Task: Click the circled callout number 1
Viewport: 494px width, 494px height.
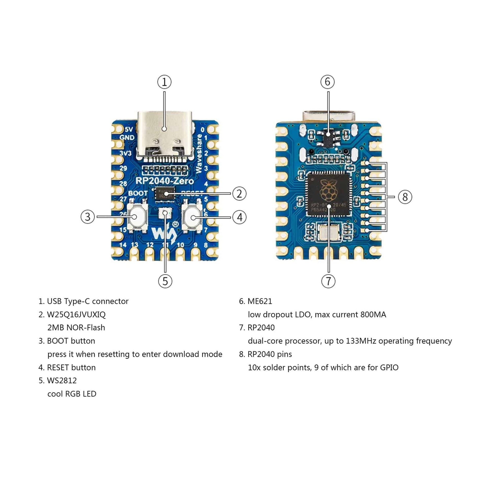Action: (x=164, y=82)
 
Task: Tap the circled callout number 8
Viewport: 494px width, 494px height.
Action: (x=405, y=197)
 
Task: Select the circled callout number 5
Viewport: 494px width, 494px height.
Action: (x=165, y=281)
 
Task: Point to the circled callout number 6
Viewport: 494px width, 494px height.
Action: (x=327, y=82)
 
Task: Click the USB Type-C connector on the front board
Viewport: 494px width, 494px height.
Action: (x=164, y=136)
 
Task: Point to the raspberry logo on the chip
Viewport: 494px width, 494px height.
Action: (x=328, y=189)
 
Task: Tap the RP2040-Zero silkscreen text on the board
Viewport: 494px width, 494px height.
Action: (x=164, y=181)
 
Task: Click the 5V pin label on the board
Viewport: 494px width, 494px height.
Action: (x=129, y=129)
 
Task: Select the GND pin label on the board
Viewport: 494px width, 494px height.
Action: (x=127, y=138)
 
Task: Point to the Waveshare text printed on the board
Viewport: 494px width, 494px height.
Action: (x=199, y=153)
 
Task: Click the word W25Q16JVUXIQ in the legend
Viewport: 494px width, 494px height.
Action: (x=76, y=314)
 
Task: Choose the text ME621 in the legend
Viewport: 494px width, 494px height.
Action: (x=260, y=301)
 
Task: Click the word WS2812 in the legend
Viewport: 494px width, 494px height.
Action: (x=62, y=381)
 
